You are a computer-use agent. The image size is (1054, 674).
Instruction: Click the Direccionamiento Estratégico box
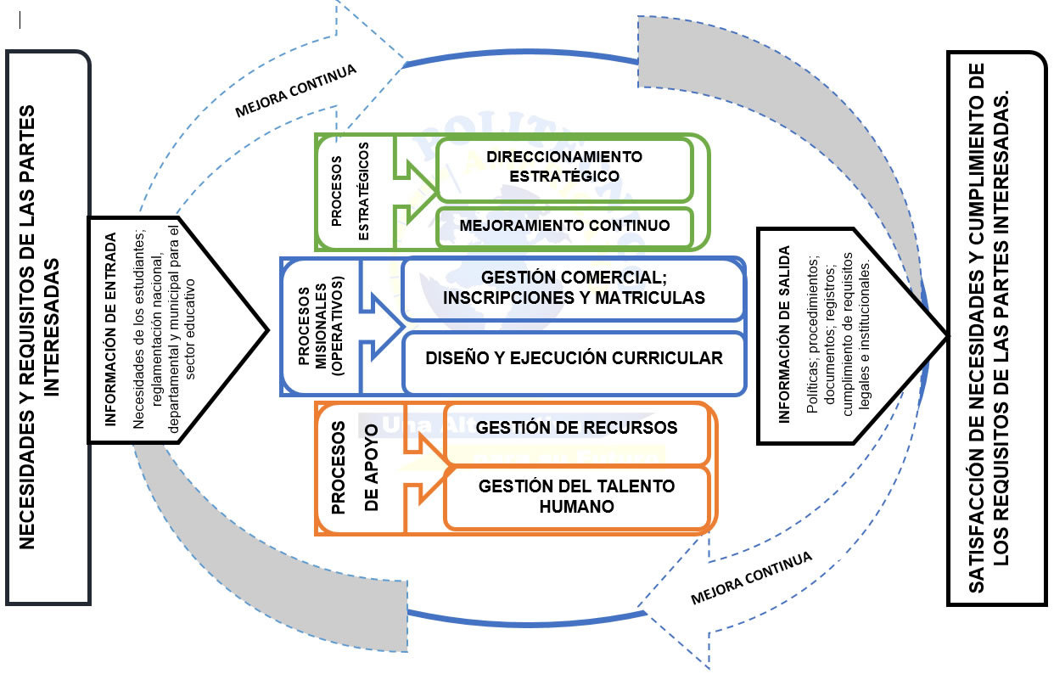[564, 166]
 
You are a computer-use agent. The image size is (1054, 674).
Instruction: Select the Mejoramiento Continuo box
[564, 226]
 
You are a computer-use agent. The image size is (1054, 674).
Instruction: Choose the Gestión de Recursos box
[577, 428]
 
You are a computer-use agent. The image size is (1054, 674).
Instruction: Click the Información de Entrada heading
[110, 331]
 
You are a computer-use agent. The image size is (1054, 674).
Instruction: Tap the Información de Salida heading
[784, 334]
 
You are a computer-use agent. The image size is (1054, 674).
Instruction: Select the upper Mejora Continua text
[295, 88]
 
